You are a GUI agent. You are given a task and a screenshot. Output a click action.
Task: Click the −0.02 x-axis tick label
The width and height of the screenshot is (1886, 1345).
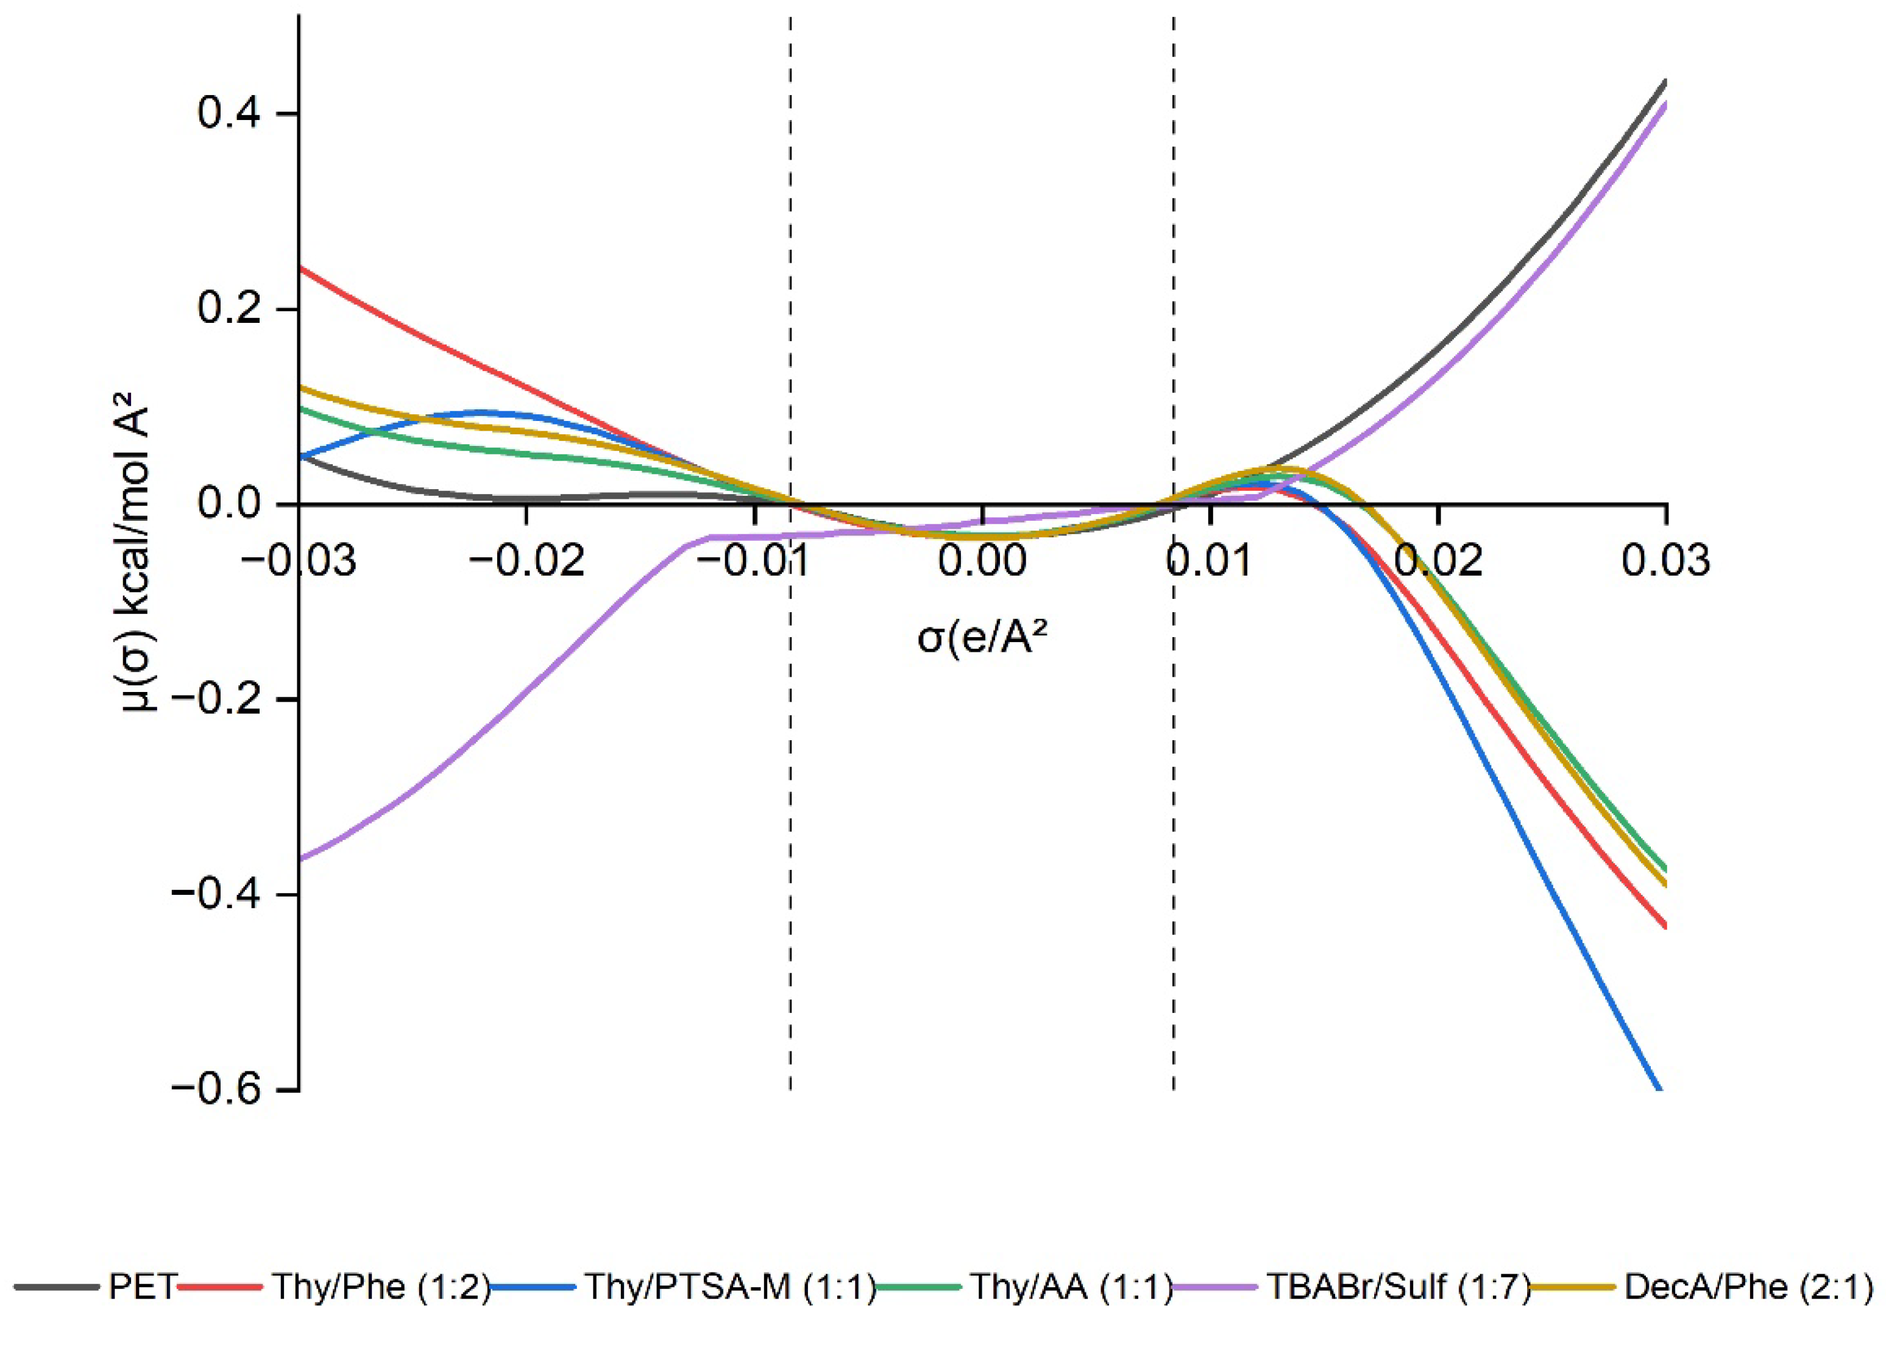pyautogui.click(x=526, y=560)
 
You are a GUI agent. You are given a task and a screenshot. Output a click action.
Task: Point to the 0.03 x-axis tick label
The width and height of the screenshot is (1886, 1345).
pyautogui.click(x=1665, y=560)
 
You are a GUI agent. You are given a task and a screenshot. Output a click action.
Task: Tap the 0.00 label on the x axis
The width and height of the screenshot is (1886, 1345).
pyautogui.click(x=982, y=560)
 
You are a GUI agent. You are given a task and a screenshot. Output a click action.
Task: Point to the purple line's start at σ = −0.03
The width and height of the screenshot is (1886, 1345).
pyautogui.click(x=300, y=860)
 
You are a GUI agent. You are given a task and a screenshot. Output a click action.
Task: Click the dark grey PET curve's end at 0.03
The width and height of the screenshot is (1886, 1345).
pyautogui.click(x=1665, y=81)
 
